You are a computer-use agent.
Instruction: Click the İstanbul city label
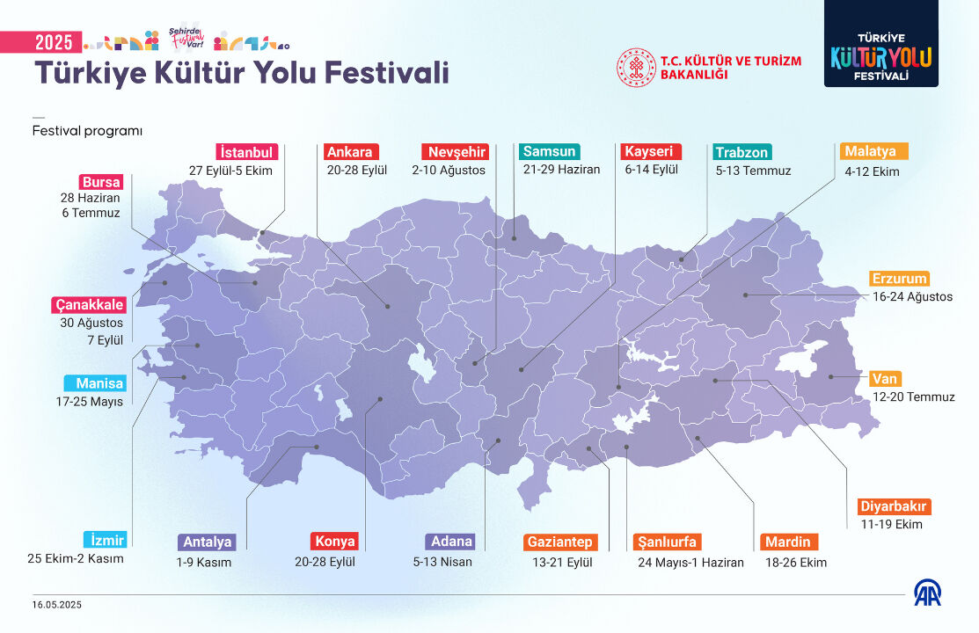tap(247, 151)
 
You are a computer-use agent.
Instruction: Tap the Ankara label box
tap(353, 151)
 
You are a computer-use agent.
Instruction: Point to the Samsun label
tap(549, 151)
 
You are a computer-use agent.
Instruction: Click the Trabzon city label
tap(742, 152)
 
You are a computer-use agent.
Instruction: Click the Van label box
tap(885, 379)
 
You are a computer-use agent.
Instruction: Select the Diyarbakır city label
tap(894, 506)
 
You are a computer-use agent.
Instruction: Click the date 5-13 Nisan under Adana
tap(442, 562)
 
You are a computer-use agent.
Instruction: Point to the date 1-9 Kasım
tap(203, 562)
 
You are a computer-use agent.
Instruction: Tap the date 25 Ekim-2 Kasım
tap(76, 558)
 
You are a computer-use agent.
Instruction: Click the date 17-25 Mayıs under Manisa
tap(88, 402)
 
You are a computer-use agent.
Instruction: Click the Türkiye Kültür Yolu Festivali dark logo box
tap(880, 44)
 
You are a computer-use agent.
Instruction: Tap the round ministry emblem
tap(636, 68)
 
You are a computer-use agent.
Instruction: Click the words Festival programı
tap(87, 131)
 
